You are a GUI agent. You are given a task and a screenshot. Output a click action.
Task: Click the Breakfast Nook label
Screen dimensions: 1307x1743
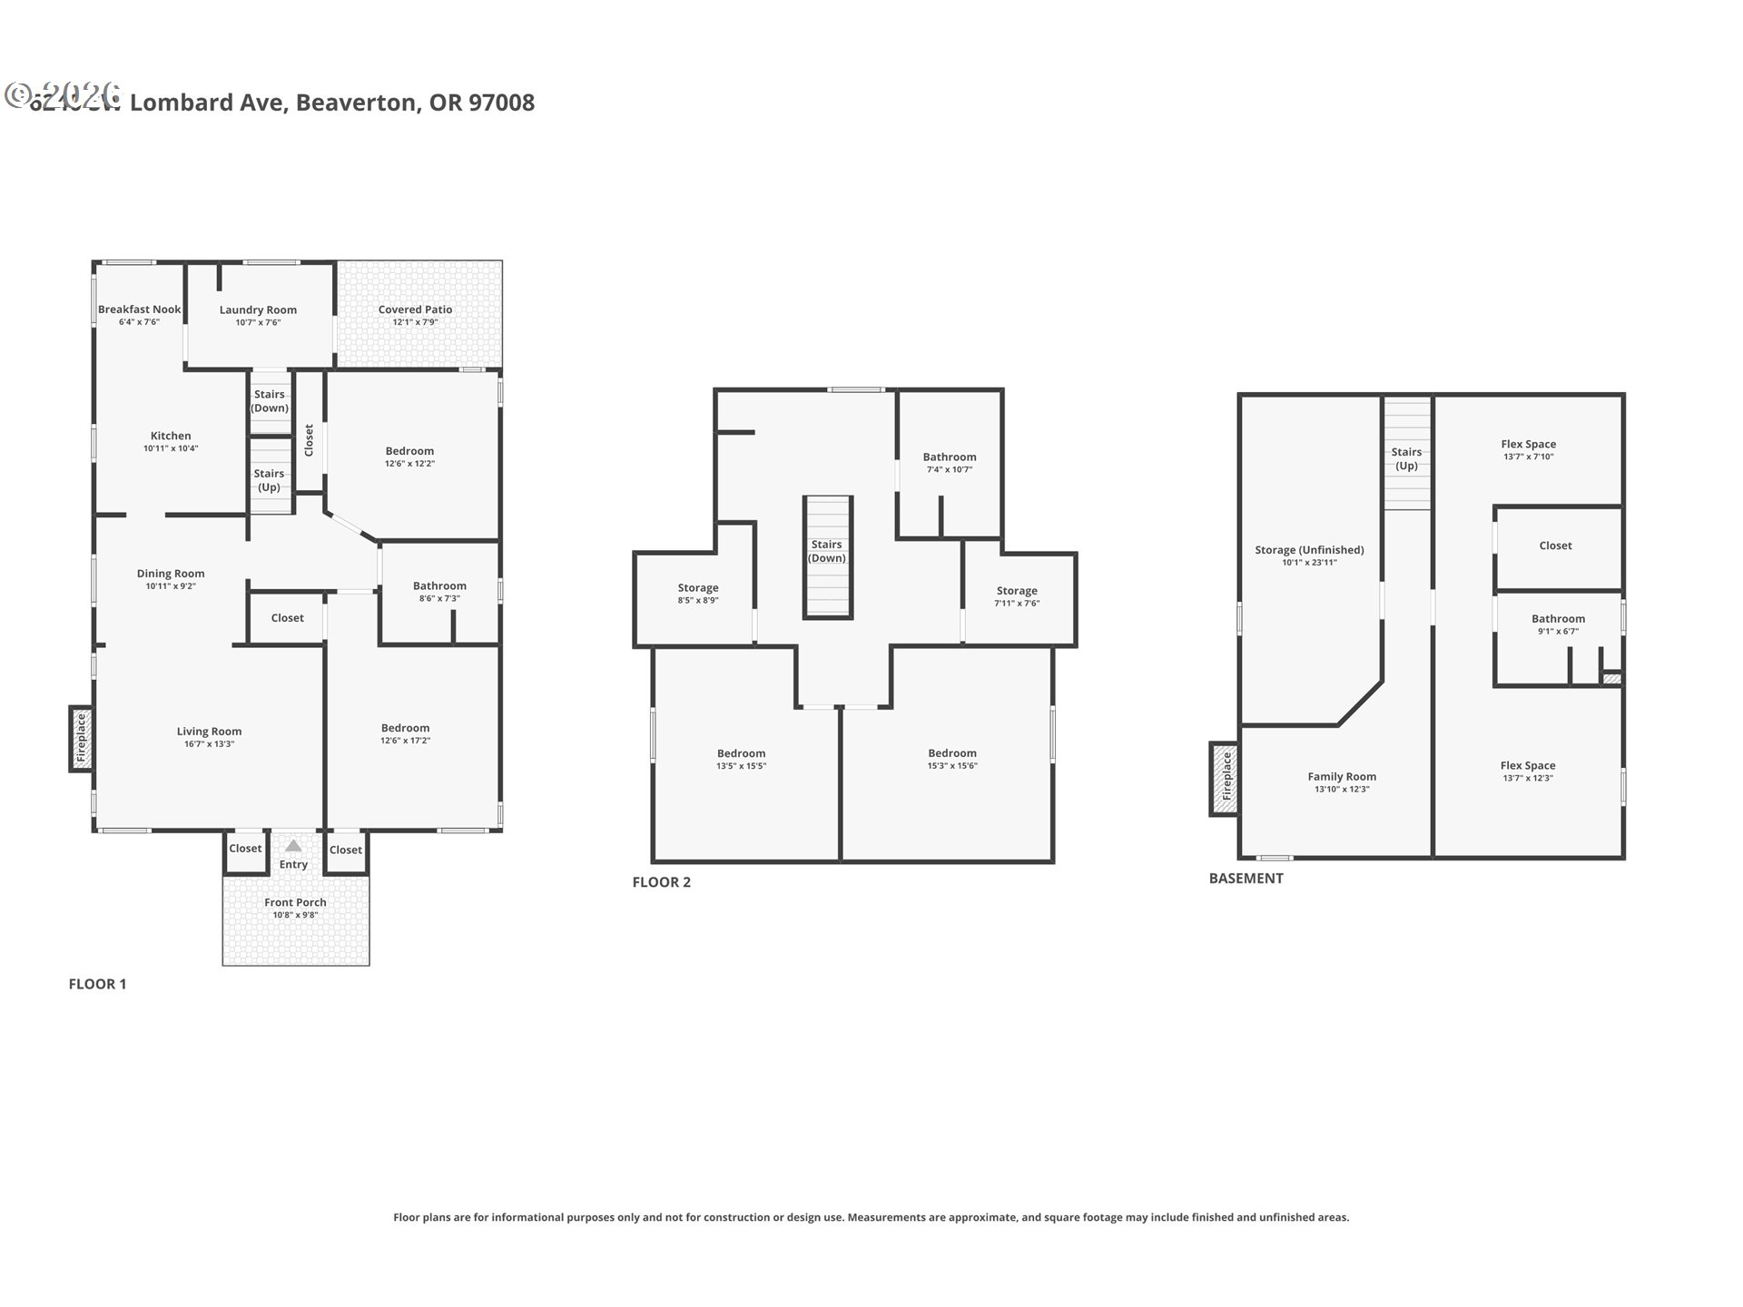click(139, 310)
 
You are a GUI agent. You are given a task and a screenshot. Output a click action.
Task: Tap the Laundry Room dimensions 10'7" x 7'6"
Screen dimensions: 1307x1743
click(258, 322)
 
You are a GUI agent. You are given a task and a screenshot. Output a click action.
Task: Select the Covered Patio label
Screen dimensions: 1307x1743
click(415, 310)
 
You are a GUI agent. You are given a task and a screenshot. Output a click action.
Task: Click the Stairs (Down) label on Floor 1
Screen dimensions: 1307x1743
click(269, 401)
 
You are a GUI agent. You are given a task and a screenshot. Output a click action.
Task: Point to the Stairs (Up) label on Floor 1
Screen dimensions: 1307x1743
click(269, 480)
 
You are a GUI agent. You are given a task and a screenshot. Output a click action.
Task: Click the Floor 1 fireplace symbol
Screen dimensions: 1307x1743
click(81, 739)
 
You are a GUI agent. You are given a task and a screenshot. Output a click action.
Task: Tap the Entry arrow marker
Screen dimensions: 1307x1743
click(293, 846)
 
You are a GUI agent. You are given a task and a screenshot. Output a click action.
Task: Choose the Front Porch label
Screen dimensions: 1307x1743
click(295, 902)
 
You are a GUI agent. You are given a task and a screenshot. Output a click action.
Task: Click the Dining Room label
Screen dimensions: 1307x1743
click(171, 574)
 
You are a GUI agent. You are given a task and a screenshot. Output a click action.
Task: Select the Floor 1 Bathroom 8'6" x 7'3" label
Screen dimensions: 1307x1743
click(439, 586)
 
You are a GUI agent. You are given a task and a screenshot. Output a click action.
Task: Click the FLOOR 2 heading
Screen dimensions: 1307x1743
click(661, 882)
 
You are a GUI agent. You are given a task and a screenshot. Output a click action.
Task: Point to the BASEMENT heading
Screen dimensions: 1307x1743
click(1246, 879)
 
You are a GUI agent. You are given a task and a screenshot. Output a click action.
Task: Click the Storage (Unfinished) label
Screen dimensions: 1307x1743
click(1309, 550)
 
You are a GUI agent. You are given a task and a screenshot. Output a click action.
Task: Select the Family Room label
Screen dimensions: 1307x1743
click(1342, 777)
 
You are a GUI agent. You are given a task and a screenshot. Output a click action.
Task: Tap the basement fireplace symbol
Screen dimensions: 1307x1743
click(1225, 779)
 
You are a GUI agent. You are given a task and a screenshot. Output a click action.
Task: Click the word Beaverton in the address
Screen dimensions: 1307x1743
click(358, 103)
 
